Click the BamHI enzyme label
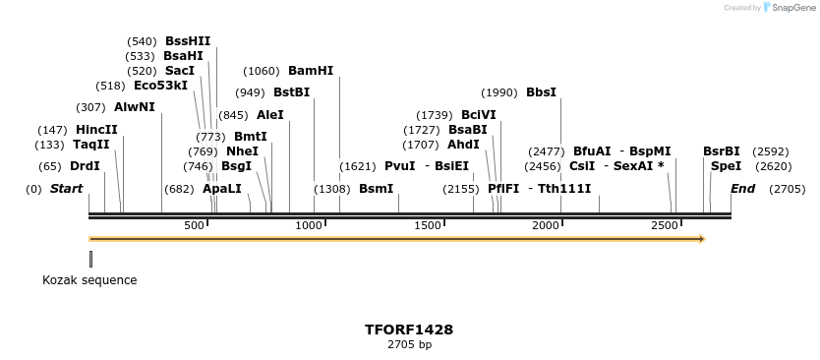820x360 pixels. coord(310,71)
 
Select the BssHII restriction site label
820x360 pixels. coord(188,41)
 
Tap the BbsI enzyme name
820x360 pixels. coord(541,92)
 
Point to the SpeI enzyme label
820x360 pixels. coord(726,166)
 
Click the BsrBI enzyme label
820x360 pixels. coord(721,151)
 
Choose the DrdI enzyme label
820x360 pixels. coord(85,166)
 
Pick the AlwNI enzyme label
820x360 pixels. coord(135,107)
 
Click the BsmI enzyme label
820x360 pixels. coord(376,189)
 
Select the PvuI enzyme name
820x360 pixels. coord(400,166)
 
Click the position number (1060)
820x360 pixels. coord(262,71)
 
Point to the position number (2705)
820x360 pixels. coord(787,189)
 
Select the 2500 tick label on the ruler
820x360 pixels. coord(665,226)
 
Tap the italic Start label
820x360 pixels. coord(66,189)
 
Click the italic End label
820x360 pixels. coord(742,189)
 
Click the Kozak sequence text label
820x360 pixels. coord(89,280)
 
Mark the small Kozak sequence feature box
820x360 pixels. coord(90,259)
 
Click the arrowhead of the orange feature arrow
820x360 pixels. coord(702,238)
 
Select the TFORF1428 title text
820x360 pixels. coord(409,330)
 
